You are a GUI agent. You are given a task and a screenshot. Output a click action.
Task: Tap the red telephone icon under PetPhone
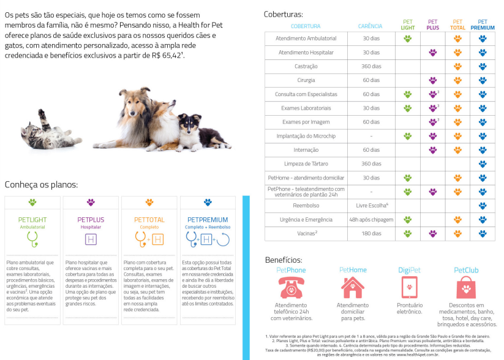tap(291, 287)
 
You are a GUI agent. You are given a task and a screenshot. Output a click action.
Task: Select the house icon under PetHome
tap(353, 287)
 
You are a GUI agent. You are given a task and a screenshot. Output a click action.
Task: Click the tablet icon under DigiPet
tap(410, 287)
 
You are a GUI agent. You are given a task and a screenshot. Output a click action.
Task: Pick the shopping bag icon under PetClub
tap(467, 287)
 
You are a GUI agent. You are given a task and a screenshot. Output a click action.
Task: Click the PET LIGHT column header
tap(408, 24)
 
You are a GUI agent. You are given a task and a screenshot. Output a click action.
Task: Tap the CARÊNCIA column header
tap(370, 26)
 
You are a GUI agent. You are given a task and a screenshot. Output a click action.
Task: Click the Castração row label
tap(306, 66)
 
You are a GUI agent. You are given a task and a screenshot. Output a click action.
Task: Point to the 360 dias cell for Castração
tap(371, 66)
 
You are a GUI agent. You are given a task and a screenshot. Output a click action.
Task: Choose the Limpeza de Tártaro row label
tap(306, 163)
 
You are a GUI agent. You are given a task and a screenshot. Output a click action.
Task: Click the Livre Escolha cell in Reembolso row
tap(371, 205)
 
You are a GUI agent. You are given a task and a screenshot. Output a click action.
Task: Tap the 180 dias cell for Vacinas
tap(371, 233)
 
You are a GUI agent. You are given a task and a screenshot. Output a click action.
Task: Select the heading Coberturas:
tap(283, 13)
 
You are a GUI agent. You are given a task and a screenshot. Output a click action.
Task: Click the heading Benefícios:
tap(284, 260)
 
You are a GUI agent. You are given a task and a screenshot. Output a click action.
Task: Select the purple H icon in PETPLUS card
tap(91, 239)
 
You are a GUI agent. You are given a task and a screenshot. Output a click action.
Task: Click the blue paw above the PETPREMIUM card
tap(208, 202)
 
